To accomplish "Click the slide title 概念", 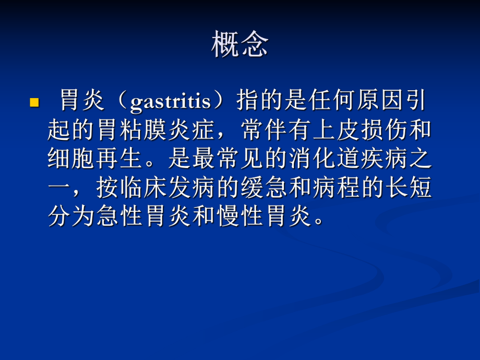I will [240, 44].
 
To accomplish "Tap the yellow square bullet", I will [35, 102].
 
